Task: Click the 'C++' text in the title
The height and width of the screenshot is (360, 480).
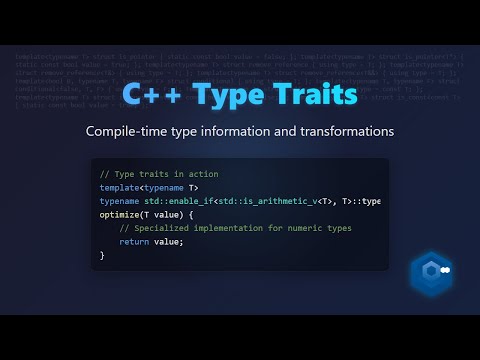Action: (151, 97)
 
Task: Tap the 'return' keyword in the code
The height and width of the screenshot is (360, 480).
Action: (133, 242)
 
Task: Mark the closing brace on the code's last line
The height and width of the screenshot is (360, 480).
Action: (102, 256)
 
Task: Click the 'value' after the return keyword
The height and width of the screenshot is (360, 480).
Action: (168, 242)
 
